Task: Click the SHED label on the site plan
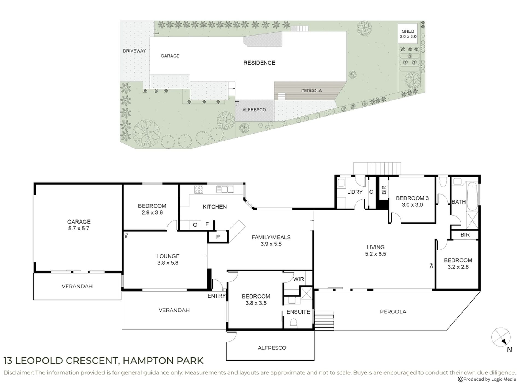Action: pyautogui.click(x=408, y=31)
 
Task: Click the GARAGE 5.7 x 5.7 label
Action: pyautogui.click(x=79, y=225)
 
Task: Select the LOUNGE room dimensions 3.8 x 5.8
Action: pyautogui.click(x=168, y=263)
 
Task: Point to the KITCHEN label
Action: pyautogui.click(x=215, y=207)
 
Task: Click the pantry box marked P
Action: pyautogui.click(x=218, y=237)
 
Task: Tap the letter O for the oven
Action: pyautogui.click(x=195, y=225)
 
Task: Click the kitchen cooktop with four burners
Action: pyautogui.click(x=199, y=190)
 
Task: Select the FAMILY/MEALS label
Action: pyautogui.click(x=271, y=237)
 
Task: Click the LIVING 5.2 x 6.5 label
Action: pyautogui.click(x=375, y=250)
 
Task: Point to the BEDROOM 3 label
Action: pyautogui.click(x=412, y=198)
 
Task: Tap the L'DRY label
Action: pyautogui.click(x=355, y=192)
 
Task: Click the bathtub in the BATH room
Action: pyautogui.click(x=472, y=197)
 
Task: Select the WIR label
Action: pyautogui.click(x=298, y=279)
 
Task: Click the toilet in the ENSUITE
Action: pyautogui.click(x=293, y=323)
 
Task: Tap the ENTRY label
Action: pyautogui.click(x=216, y=296)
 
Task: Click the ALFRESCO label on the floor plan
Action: pyautogui.click(x=272, y=348)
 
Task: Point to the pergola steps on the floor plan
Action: pyautogui.click(x=324, y=320)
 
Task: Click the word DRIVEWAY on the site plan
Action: pyautogui.click(x=134, y=51)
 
